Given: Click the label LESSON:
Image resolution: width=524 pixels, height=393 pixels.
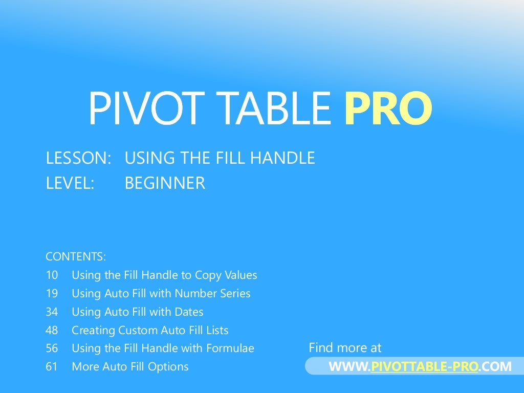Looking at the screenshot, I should click(x=78, y=158).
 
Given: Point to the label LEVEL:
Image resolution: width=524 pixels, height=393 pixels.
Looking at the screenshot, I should click(x=70, y=183).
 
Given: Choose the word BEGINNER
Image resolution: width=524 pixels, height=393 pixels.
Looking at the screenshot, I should click(x=165, y=183).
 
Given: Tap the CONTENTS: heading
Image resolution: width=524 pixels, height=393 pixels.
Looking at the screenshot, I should click(x=75, y=256).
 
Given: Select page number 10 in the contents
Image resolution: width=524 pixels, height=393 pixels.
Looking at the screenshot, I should click(x=52, y=275).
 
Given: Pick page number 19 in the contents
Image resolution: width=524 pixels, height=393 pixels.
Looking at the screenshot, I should click(x=52, y=294).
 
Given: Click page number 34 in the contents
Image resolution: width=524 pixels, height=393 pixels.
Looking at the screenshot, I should click(x=52, y=312).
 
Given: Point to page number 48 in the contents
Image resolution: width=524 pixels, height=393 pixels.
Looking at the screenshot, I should click(x=52, y=331).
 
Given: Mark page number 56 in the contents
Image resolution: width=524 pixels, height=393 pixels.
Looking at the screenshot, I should click(x=52, y=349).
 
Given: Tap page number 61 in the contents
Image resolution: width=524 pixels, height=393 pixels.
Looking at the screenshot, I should click(x=52, y=367).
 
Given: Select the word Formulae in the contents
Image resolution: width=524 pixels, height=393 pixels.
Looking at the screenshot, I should click(x=230, y=349).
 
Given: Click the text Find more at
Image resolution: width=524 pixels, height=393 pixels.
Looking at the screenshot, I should click(x=345, y=348).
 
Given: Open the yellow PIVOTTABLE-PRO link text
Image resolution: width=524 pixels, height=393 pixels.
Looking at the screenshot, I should click(x=424, y=367).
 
